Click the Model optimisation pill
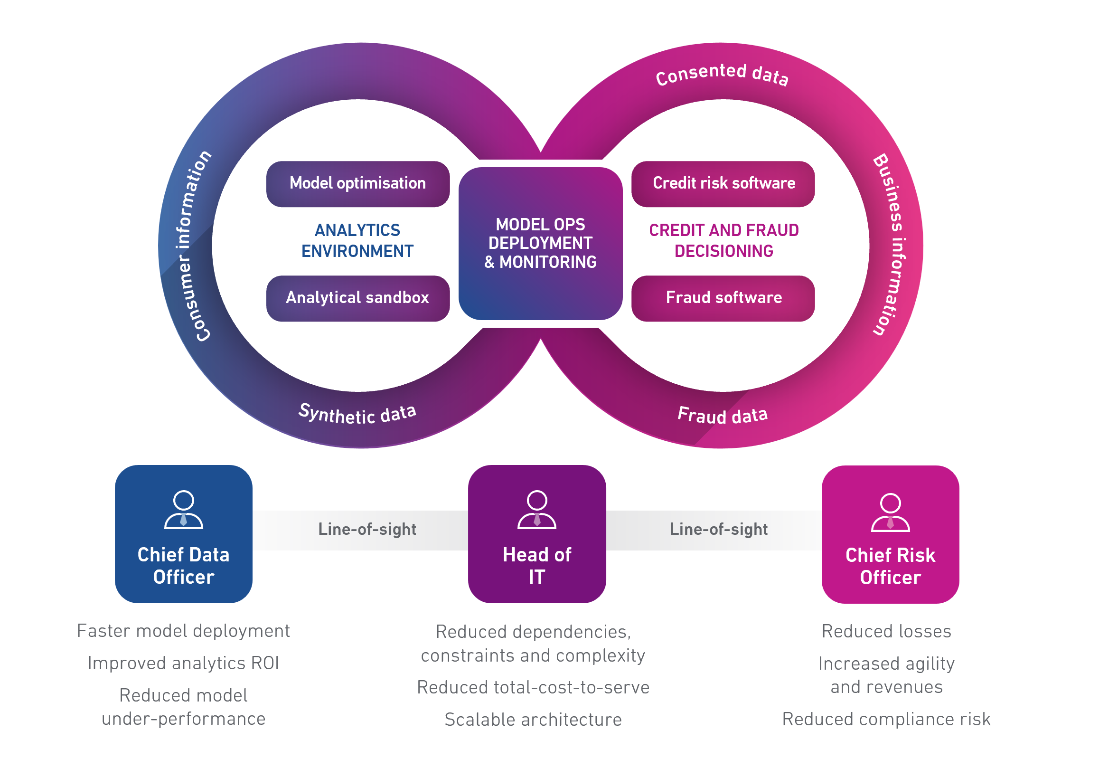click(x=357, y=183)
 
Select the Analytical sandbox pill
click(x=357, y=298)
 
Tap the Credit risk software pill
click(x=723, y=183)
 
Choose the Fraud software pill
click(x=723, y=298)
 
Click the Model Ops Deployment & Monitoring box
click(x=540, y=243)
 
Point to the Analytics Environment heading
click(x=357, y=240)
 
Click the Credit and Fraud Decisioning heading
click(x=723, y=240)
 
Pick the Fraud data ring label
click(x=722, y=415)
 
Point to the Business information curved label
click(x=891, y=244)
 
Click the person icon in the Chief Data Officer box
click(x=183, y=509)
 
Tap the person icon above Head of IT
click(x=537, y=509)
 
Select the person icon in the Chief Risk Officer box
click(x=890, y=512)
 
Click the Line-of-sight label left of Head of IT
click(x=367, y=529)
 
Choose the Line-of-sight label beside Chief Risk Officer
click(x=718, y=529)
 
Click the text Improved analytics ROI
click(x=183, y=663)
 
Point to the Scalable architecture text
click(x=533, y=720)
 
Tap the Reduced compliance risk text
click(x=886, y=719)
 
